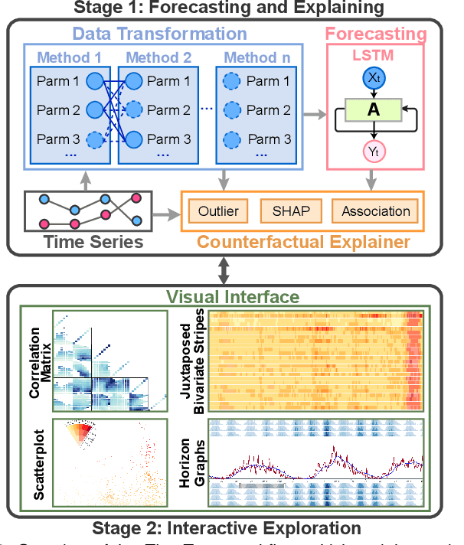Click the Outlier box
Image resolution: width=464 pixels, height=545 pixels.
coord(218,210)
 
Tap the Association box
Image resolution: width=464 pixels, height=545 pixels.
coord(375,210)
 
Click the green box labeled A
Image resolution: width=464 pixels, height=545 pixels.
coord(373,109)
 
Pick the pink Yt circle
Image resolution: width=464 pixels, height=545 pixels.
coord(373,152)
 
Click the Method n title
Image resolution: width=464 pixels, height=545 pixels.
coord(257,57)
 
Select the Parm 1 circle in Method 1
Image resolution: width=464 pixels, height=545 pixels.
coord(95,81)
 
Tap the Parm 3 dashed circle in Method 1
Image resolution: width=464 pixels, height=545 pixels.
coord(95,139)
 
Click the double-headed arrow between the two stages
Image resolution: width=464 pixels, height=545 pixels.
coord(224,269)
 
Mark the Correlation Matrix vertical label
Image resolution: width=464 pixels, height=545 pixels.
coord(39,361)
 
